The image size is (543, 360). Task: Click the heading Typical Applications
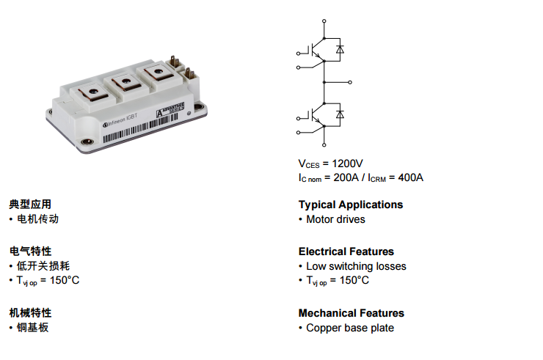pos(351,205)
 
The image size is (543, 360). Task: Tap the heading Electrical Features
pos(346,251)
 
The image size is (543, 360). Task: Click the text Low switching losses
pos(356,266)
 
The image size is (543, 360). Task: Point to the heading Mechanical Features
pos(351,313)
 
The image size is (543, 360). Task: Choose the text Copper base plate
pos(350,328)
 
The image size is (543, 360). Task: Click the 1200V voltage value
pos(348,163)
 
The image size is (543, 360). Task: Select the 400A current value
pos(410,177)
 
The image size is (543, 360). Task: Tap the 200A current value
pos(346,177)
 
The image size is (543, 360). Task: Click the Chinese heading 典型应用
pos(30,205)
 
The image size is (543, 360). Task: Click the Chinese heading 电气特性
pos(30,251)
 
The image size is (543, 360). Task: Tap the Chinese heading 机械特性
pos(30,313)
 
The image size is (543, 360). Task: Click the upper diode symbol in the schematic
pos(340,51)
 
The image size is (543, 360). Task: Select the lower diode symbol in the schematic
pos(340,115)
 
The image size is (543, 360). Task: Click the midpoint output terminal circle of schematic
pos(350,82)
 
